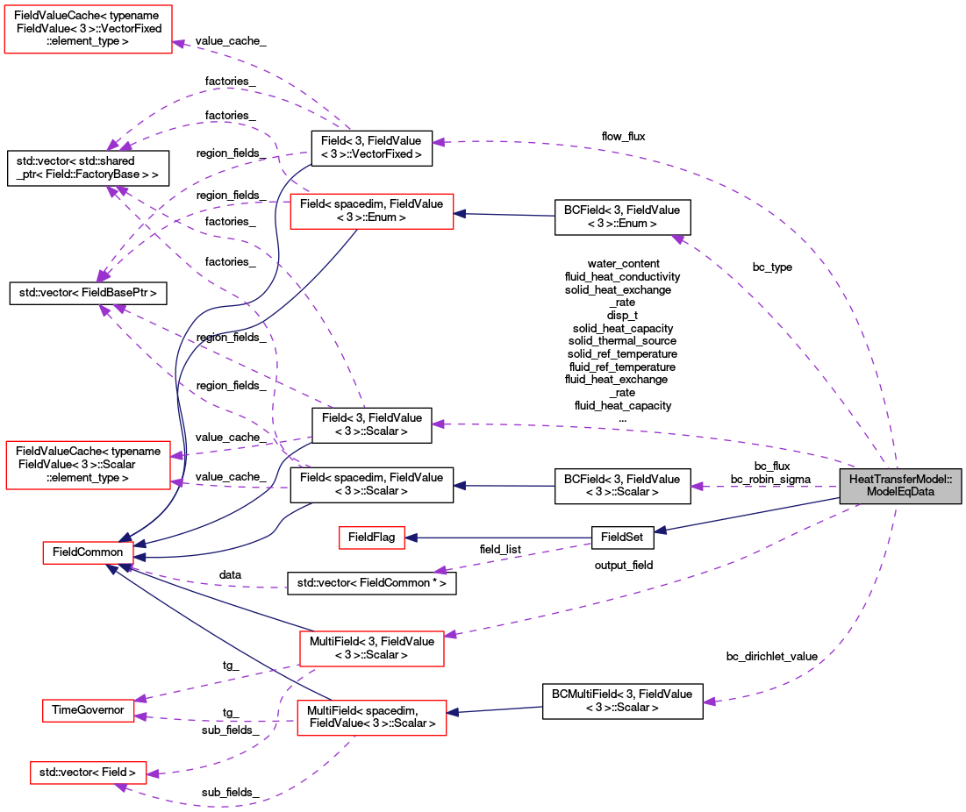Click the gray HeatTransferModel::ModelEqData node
[900, 486]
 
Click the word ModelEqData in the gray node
[900, 492]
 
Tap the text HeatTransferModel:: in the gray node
[900, 480]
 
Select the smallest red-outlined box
[372, 538]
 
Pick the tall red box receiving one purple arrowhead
[88, 29]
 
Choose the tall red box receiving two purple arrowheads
[88, 465]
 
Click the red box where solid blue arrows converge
[88, 552]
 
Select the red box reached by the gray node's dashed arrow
[371, 648]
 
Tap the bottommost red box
[88, 773]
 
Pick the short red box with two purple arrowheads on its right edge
[88, 710]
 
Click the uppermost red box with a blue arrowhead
[371, 211]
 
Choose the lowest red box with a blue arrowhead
[371, 718]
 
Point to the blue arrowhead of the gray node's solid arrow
[661, 531]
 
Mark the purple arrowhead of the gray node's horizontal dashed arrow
[697, 486]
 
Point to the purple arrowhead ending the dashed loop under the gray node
[709, 702]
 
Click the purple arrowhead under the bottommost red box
[121, 787]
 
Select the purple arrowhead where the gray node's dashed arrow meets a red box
[450, 634]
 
